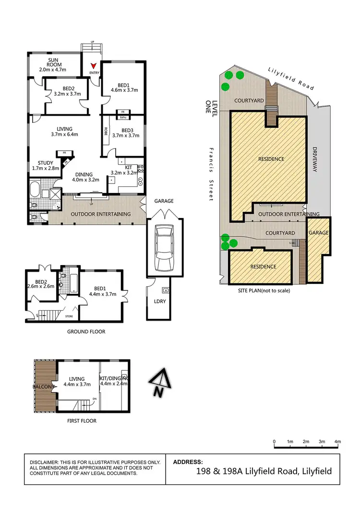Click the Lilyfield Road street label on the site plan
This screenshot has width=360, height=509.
pos(291,78)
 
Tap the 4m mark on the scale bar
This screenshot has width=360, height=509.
pos(337,441)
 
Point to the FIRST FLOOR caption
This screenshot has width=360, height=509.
pos(82,421)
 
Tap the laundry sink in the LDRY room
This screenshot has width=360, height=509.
pos(165,290)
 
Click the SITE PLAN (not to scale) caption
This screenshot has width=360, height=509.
pos(264,290)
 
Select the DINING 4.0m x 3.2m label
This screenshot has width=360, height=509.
pos(85,177)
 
